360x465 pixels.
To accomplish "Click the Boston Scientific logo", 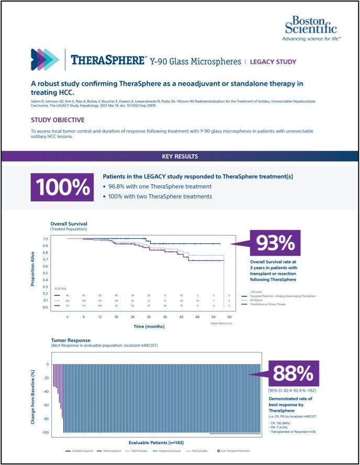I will pyautogui.click(x=311, y=28).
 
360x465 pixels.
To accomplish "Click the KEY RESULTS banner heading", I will pyautogui.click(x=179, y=156).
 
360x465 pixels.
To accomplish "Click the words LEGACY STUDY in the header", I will pyautogui.click(x=273, y=62).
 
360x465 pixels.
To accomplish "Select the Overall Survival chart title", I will pyautogui.click(x=69, y=224).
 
